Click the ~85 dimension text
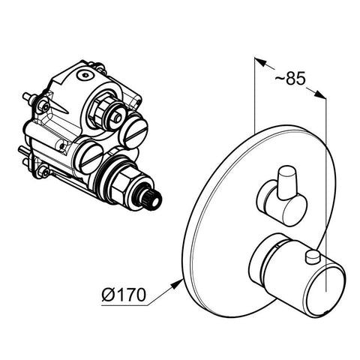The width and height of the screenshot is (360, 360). (290, 78)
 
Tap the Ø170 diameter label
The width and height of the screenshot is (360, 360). (124, 294)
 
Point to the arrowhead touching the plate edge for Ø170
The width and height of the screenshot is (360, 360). (176, 284)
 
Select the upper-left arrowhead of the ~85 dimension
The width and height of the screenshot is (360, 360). (260, 61)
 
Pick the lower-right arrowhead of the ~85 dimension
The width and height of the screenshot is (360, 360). (320, 94)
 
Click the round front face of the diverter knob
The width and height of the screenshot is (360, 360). (293, 212)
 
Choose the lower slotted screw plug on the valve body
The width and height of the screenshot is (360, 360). (91, 158)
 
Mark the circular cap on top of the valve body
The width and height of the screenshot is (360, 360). (85, 75)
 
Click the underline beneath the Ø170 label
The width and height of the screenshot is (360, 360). (124, 305)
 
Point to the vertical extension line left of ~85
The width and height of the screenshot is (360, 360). (254, 95)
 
